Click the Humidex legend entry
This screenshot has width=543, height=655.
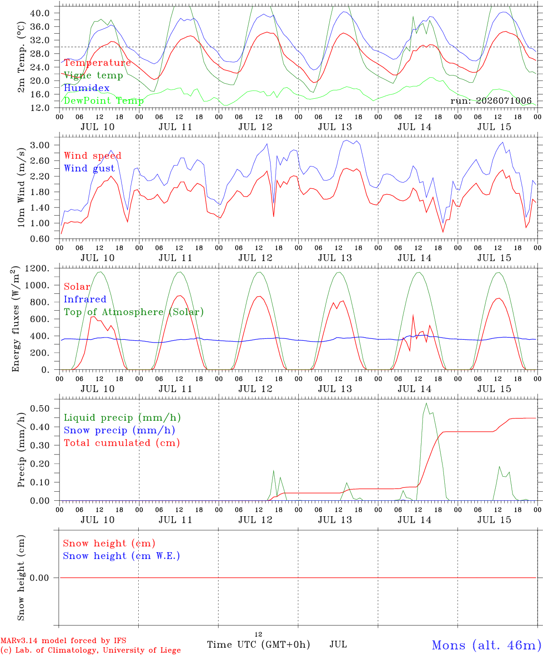[86, 88]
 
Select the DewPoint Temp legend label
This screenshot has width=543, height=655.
[104, 101]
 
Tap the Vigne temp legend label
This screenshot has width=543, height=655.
[93, 76]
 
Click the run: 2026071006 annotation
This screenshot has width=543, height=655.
[491, 101]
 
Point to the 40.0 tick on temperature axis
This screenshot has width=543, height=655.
[40, 13]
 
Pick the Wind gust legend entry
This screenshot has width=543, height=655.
[90, 168]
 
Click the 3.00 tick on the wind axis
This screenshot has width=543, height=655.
[40, 145]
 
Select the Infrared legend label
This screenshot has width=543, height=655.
[85, 299]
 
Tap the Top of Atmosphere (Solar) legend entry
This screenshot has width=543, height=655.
[134, 312]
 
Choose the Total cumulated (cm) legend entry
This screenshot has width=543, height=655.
[122, 443]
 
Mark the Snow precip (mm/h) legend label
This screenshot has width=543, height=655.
[119, 430]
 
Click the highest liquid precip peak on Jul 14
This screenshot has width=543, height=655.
[426, 403]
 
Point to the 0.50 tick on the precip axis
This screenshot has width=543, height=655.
[40, 408]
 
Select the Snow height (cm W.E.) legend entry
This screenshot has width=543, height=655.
[121, 555]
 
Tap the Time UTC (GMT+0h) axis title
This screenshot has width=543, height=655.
[259, 645]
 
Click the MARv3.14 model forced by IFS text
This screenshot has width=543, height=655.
[63, 640]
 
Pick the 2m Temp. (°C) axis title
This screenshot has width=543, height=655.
[21, 57]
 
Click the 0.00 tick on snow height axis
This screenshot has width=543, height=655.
[39, 578]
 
